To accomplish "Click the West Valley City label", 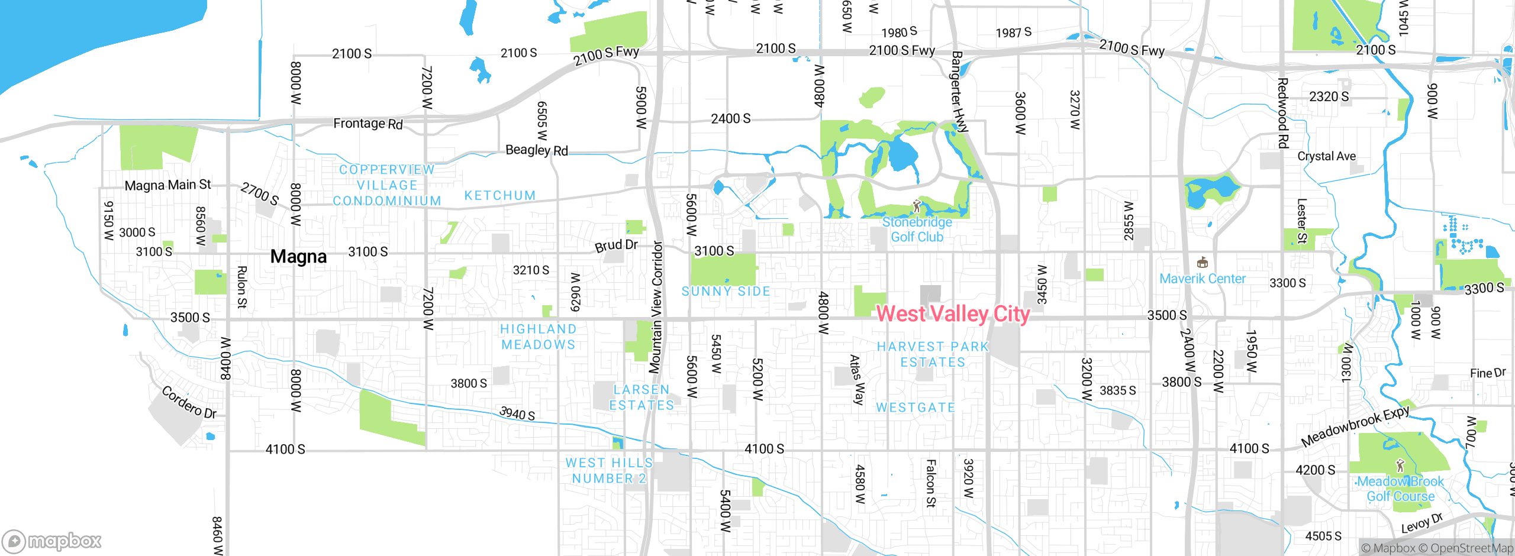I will point(953,313).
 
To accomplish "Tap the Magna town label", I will point(298,257).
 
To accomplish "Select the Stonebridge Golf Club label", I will point(917,229).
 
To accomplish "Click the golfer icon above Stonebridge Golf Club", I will point(917,206).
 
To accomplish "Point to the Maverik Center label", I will point(1202,279).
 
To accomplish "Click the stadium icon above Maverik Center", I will point(1202,263).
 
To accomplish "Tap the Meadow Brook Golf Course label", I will point(1400,489).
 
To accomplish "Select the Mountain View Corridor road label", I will point(655,307).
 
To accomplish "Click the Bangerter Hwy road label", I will point(959,92).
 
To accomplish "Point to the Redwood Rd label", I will point(1282,113).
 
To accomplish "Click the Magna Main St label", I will point(167,185).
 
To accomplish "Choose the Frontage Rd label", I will point(368,124).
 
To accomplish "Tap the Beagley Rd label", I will point(536,150).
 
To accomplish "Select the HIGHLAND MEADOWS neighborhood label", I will point(538,337).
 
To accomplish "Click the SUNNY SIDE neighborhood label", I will point(726,291).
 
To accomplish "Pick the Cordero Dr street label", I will point(189,403).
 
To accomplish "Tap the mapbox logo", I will point(52,541).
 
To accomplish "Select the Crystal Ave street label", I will point(1326,156).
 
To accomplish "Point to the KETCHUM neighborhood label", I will point(499,195).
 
